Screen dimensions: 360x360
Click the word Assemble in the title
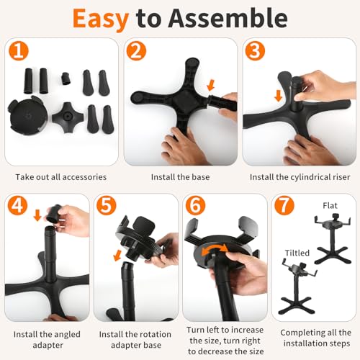point(228,18)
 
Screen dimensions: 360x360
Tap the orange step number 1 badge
point(19,51)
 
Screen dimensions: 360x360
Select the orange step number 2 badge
point(136,51)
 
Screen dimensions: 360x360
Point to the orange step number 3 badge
point(255,51)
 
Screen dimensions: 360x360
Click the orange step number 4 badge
point(17,206)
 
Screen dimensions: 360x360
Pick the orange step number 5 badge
point(107,206)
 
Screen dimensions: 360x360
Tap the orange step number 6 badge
point(195,206)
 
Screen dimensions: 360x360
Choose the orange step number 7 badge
point(284,206)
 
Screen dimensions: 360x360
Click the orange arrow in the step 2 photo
point(211,85)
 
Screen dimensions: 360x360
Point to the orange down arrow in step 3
point(279,96)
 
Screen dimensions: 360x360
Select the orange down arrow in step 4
point(37,215)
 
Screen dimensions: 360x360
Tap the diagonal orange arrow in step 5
point(117,255)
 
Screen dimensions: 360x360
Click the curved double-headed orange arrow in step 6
point(215,248)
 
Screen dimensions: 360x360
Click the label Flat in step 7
point(330,206)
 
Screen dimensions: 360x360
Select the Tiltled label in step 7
point(297,253)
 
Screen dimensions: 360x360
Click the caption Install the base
point(180,177)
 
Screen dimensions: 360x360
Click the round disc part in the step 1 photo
point(27,115)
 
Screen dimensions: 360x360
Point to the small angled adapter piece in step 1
point(66,78)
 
